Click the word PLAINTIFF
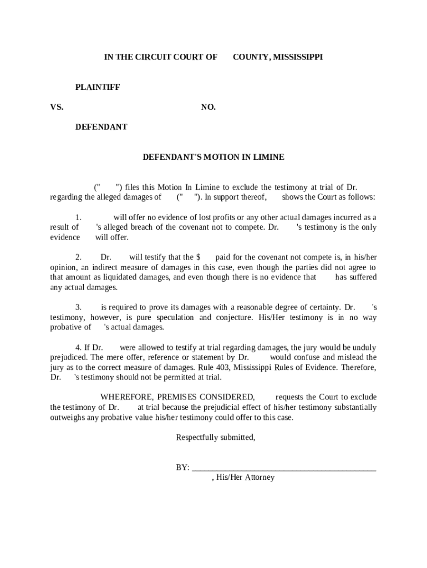pyautogui.click(x=98, y=87)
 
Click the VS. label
pyautogui.click(x=57, y=107)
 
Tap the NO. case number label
pyautogui.click(x=208, y=107)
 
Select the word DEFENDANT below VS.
pyautogui.click(x=101, y=127)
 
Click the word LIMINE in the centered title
pyautogui.click(x=268, y=157)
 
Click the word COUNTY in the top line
pyautogui.click(x=251, y=57)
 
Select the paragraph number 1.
pyautogui.click(x=79, y=217)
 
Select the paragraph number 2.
pyautogui.click(x=79, y=257)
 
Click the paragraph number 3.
pyautogui.click(x=79, y=307)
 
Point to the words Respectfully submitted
pyautogui.click(x=216, y=438)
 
